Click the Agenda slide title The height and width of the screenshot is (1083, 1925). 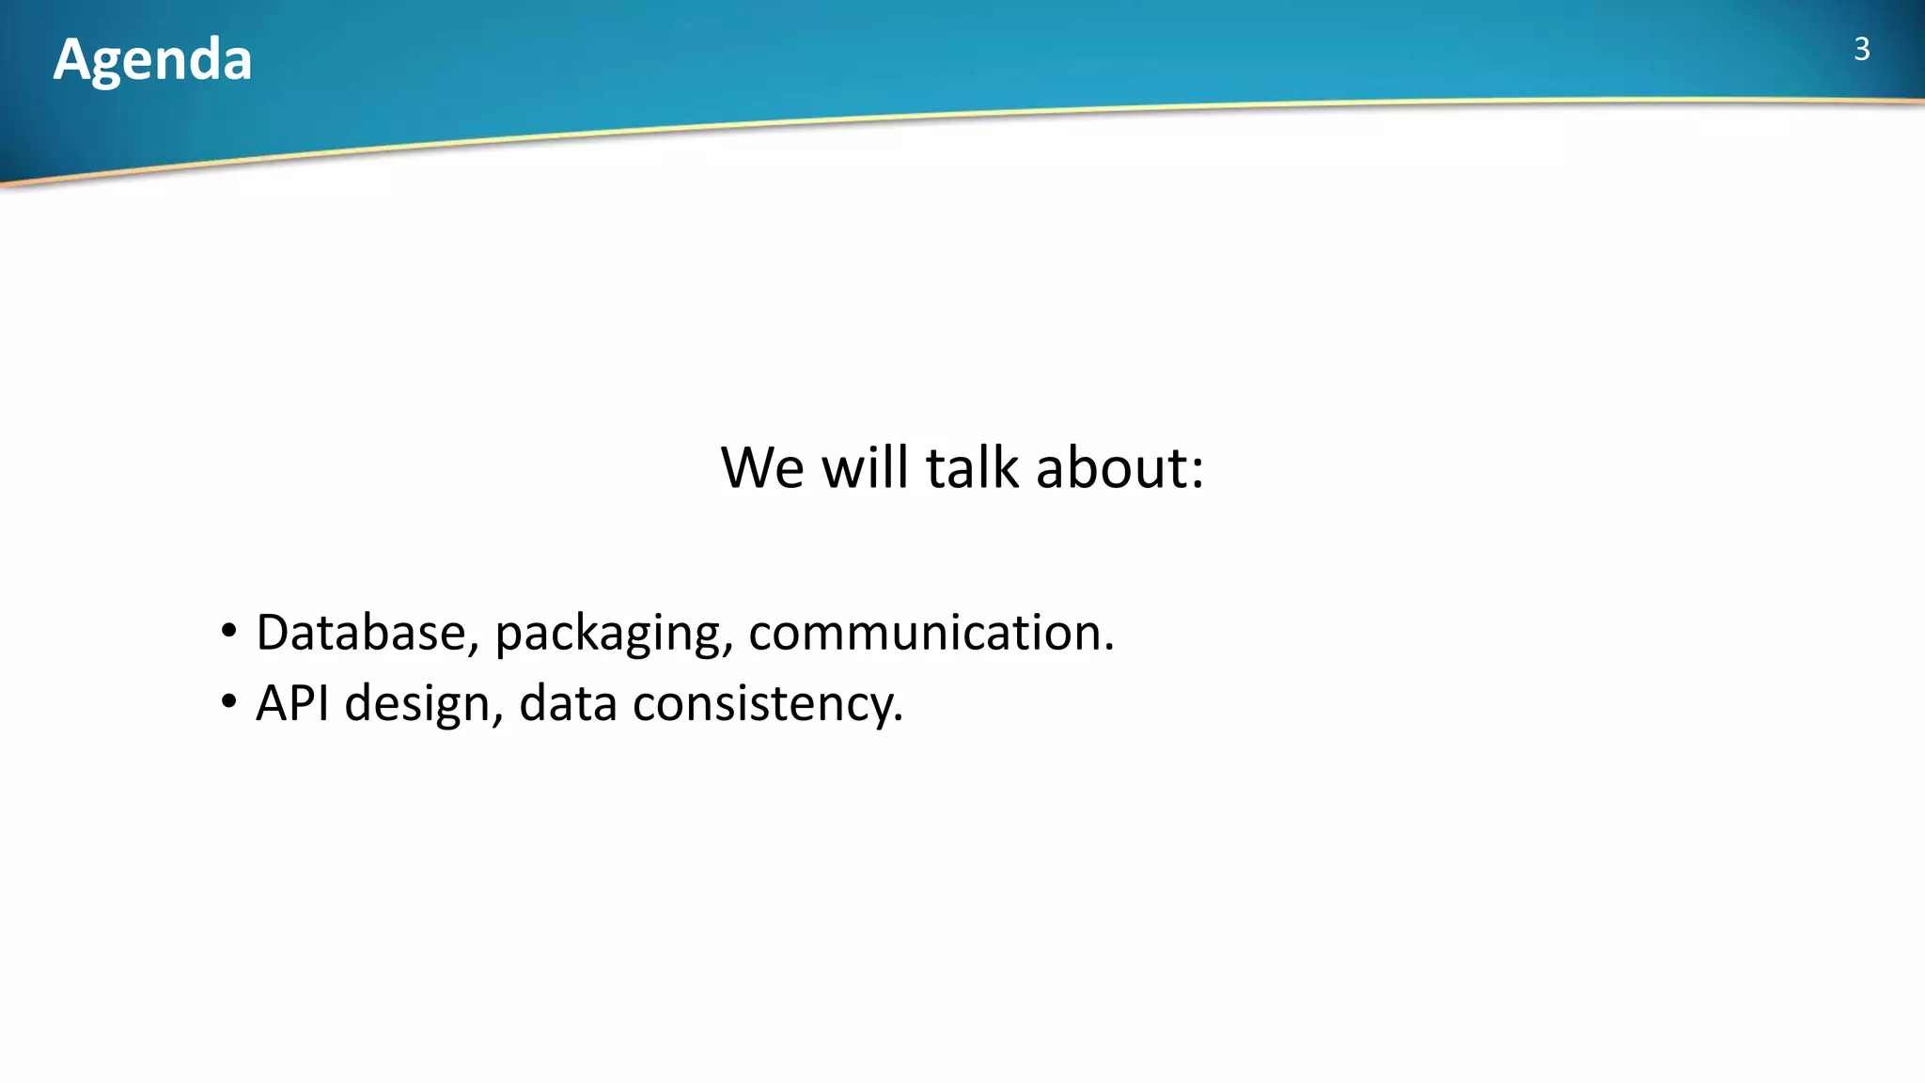tap(152, 60)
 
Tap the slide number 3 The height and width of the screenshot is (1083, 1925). tap(1861, 49)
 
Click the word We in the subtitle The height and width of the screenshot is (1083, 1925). tap(762, 467)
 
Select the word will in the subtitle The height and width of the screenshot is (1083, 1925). tap(866, 467)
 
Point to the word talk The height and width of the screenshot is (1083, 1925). tap(972, 467)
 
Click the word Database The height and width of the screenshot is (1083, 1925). tap(360, 632)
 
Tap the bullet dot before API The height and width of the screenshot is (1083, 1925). tap(228, 702)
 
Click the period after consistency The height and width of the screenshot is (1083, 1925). tap(898, 719)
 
